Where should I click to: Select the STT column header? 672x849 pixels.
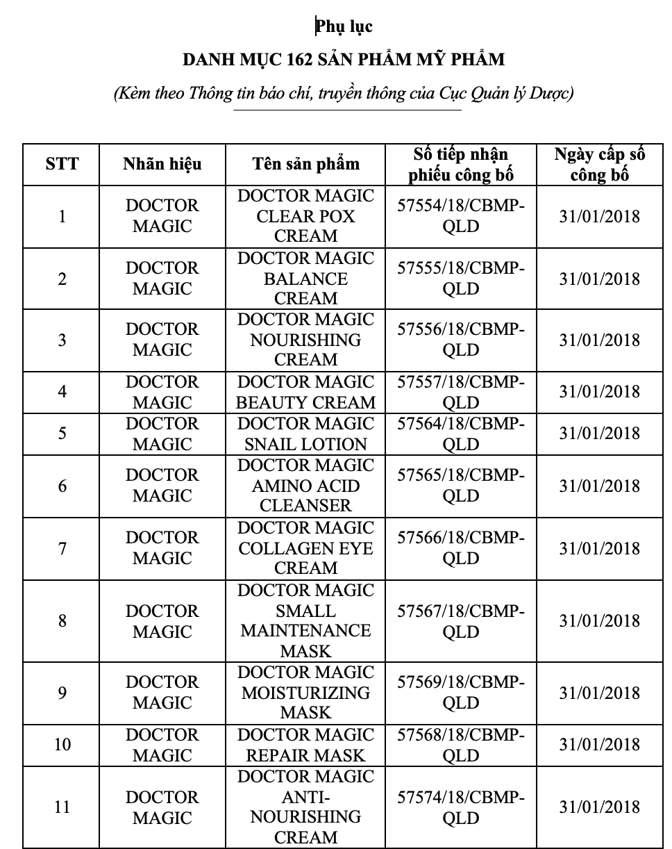pos(62,164)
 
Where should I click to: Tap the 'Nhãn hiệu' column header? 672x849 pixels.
pos(162,164)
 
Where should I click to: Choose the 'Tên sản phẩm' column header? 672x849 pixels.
pos(305,164)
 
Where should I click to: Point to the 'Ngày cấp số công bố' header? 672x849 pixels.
pos(599,164)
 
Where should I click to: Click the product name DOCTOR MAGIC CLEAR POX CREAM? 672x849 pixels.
pos(305,216)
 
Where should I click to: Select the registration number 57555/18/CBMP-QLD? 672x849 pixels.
pos(461,278)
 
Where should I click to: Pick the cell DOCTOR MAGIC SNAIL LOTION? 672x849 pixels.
pos(305,434)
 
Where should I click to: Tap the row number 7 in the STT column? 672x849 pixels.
pos(62,548)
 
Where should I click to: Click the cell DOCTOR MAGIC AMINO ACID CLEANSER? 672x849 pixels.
pos(305,485)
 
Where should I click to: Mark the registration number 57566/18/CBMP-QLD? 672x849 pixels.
pos(461,548)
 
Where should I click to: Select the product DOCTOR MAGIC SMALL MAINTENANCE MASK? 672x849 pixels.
pos(305,620)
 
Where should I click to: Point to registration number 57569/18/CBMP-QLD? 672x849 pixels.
pos(461,693)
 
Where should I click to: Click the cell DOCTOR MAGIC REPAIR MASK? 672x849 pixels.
pos(305,745)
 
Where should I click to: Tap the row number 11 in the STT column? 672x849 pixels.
pos(62,807)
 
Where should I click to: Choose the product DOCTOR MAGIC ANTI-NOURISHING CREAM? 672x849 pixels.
pos(305,807)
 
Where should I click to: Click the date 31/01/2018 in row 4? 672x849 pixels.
pos(599,392)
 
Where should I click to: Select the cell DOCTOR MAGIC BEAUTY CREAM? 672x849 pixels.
pos(305,392)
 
